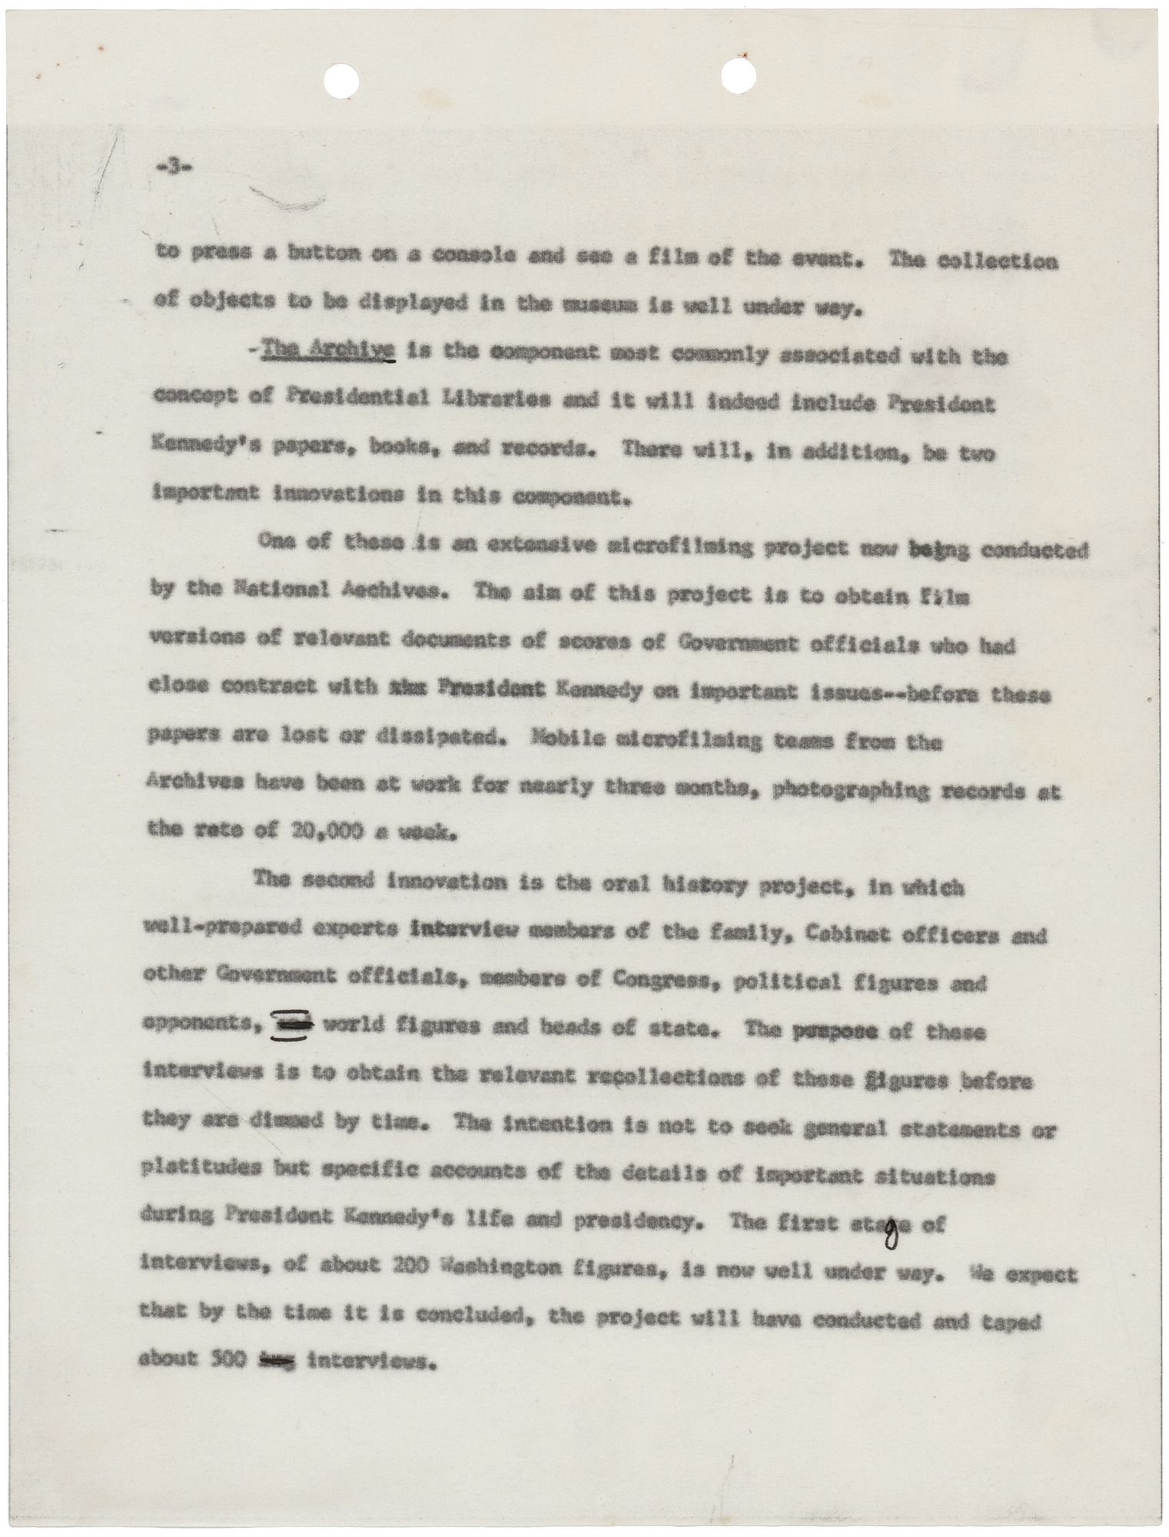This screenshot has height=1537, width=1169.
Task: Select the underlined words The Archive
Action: tap(330, 355)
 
